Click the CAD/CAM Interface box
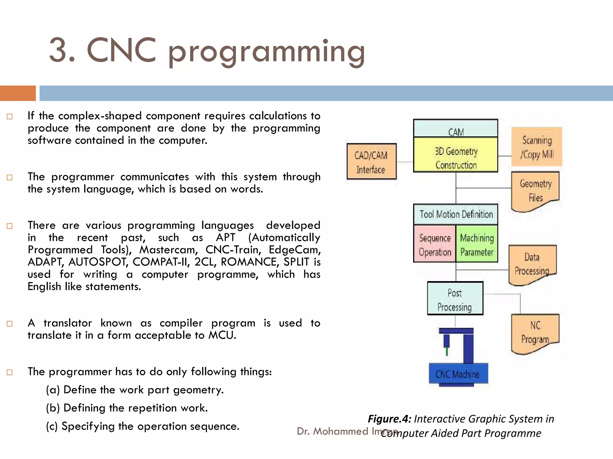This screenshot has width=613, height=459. (371, 162)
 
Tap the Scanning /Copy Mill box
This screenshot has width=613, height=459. (537, 147)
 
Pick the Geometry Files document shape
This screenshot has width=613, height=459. (535, 190)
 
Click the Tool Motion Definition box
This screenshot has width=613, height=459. (456, 214)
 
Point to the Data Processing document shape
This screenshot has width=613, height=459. (532, 264)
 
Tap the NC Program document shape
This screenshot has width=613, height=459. (535, 332)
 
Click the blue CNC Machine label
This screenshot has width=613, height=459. (458, 374)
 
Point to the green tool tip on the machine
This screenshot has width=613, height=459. (447, 351)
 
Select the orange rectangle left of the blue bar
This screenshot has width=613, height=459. (18, 93)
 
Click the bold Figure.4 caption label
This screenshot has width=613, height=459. (389, 419)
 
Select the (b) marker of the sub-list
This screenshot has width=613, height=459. (53, 408)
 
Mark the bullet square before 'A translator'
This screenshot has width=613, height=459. (10, 324)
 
